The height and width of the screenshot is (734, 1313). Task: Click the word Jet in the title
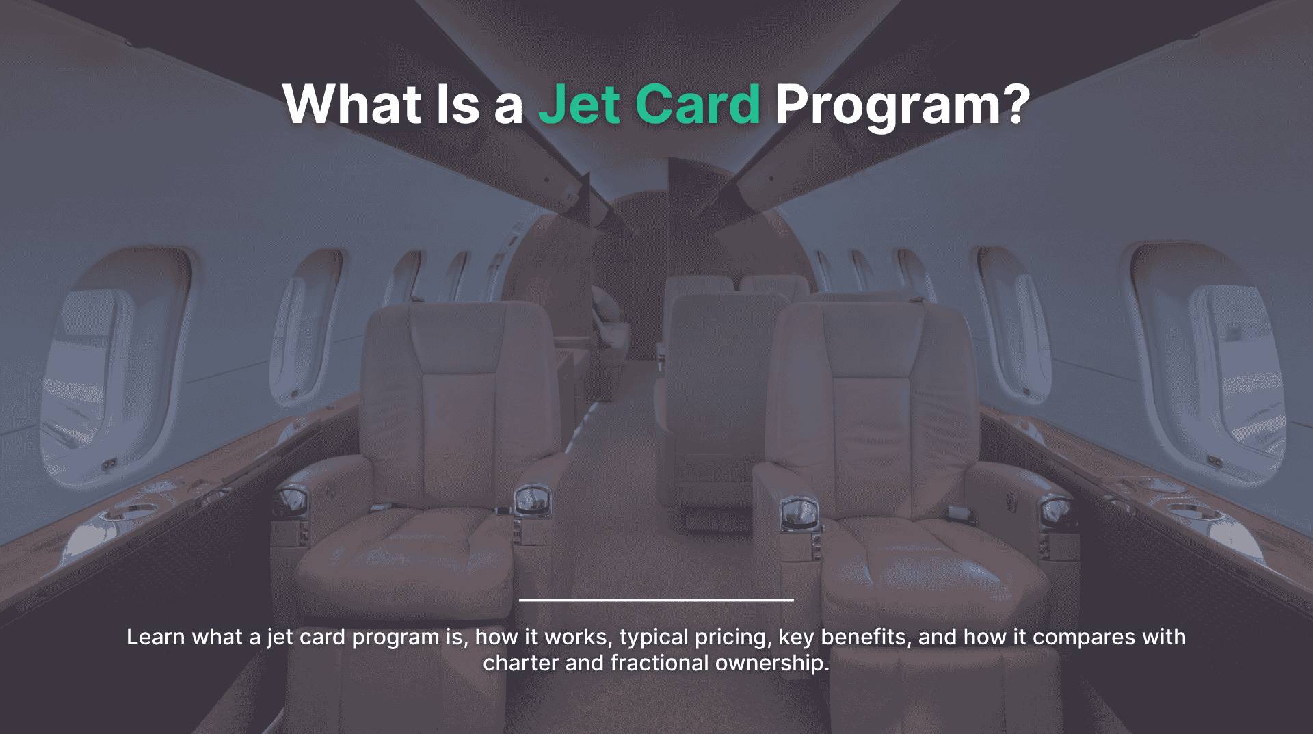pos(579,104)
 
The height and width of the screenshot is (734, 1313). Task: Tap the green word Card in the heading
pos(698,104)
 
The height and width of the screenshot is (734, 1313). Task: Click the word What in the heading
pos(352,104)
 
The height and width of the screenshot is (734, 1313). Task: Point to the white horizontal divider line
pos(656,600)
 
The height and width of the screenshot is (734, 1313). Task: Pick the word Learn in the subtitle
pos(156,637)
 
